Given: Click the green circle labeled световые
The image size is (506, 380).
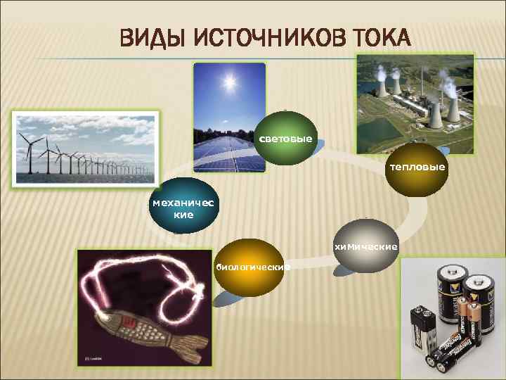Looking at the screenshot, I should [x=285, y=138].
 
